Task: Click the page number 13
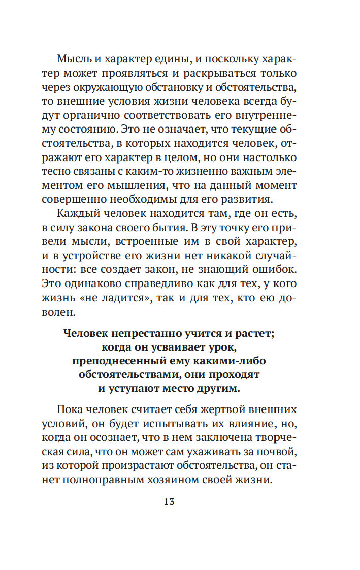(x=169, y=502)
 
